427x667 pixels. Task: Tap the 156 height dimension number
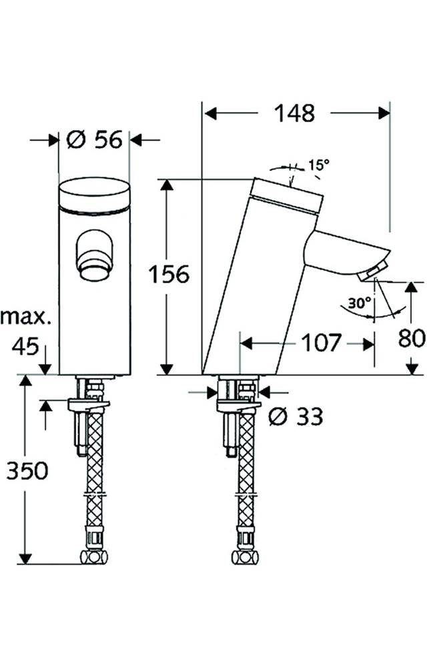click(169, 274)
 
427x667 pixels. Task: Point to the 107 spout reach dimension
click(320, 344)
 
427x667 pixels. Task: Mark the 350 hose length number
click(27, 471)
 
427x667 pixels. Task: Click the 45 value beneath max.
click(25, 346)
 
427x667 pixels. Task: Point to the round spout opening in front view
click(93, 268)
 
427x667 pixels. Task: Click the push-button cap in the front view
click(94, 195)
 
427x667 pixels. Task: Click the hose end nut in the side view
click(238, 556)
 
